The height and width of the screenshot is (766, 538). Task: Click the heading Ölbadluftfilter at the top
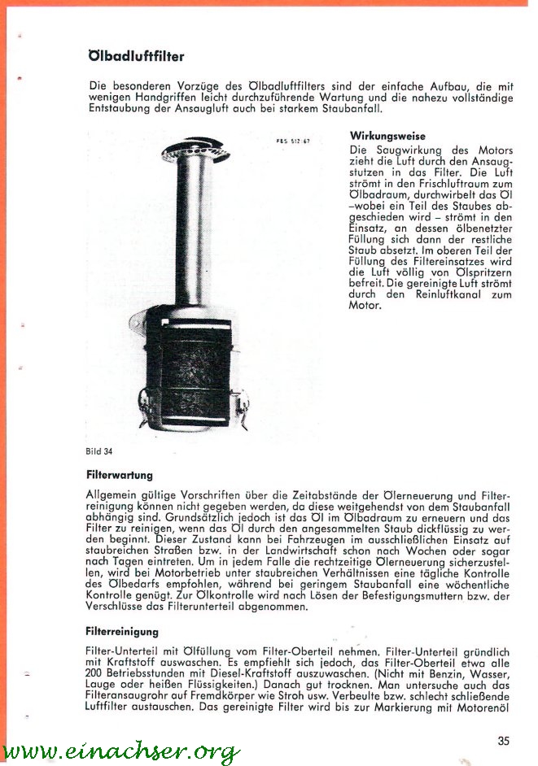coord(136,57)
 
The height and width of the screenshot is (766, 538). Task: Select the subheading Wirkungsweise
coord(387,136)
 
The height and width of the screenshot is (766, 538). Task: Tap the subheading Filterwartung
coord(119,474)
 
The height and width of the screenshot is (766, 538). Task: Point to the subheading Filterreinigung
coord(122,631)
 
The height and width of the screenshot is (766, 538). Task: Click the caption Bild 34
coord(98,450)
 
